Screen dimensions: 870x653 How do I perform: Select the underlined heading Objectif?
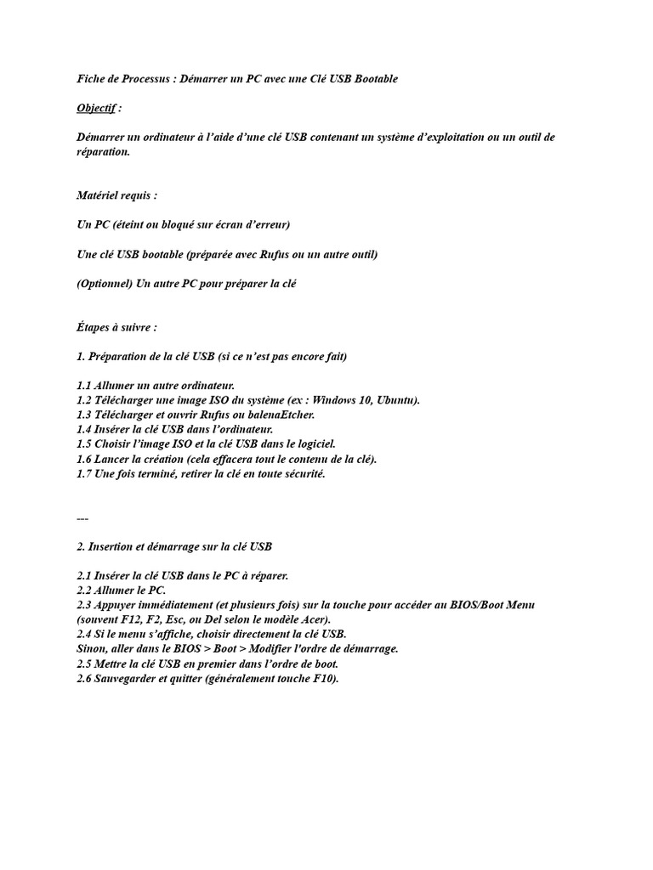(95, 108)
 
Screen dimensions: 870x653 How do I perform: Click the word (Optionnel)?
(104, 284)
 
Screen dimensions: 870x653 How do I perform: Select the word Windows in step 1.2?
(329, 400)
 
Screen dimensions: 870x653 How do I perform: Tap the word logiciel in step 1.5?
(314, 443)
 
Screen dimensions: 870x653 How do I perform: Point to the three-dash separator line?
(82, 517)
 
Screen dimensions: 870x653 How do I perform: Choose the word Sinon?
(92, 648)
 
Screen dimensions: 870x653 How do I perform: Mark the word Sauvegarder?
(128, 678)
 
